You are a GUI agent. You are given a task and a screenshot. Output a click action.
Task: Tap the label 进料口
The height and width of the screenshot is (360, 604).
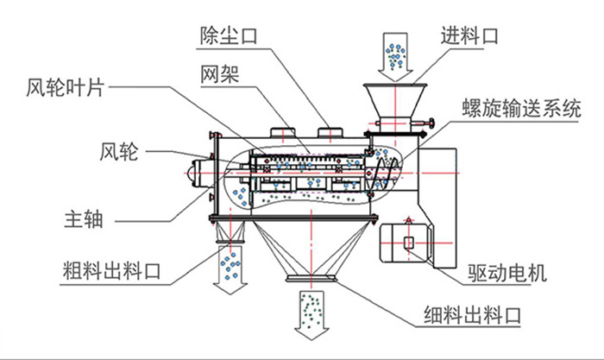470,35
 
